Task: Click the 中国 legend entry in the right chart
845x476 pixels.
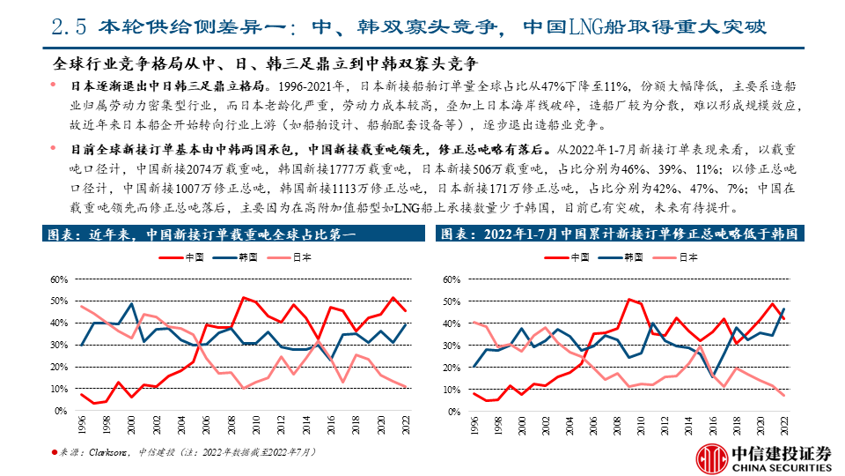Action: click(579, 257)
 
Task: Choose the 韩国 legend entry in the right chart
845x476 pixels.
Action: click(632, 257)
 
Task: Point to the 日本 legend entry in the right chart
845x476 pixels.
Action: click(687, 257)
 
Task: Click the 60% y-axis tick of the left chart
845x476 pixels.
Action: click(60, 279)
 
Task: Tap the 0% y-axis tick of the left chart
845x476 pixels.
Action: click(62, 412)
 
